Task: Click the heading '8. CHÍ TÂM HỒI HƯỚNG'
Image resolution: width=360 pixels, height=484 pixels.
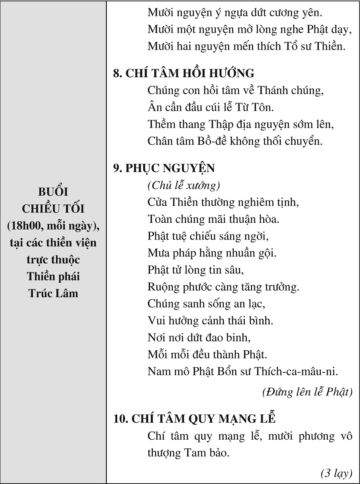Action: (x=184, y=73)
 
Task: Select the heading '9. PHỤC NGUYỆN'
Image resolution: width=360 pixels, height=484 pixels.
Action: (x=164, y=168)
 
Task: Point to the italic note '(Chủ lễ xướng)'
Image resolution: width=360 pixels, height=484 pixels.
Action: (x=184, y=186)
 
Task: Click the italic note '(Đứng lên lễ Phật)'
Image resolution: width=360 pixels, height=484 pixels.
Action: (x=307, y=392)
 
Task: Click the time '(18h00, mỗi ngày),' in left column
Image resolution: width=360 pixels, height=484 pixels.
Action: (x=53, y=226)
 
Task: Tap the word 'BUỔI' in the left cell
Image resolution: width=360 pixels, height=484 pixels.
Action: (x=53, y=192)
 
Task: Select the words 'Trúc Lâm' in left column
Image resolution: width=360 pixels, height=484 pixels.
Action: (x=53, y=293)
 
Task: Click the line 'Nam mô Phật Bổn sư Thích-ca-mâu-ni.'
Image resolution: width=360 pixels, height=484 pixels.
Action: (x=243, y=371)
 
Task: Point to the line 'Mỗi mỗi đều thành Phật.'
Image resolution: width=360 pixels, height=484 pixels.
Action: (x=207, y=354)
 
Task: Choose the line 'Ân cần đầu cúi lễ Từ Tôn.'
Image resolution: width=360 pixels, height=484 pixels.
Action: (x=210, y=107)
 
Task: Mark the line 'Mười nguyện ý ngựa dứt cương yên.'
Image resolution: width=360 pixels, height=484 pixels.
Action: (x=235, y=12)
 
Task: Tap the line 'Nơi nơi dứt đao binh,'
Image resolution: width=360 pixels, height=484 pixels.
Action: (x=199, y=337)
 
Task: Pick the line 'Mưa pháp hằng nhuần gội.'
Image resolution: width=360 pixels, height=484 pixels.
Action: (x=212, y=253)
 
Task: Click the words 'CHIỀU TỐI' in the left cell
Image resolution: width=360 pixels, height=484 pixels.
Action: (x=53, y=208)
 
